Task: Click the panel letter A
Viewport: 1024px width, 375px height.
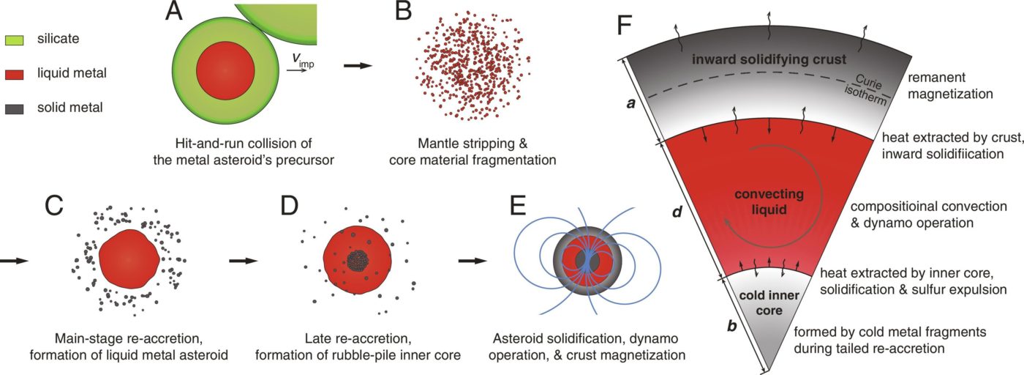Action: (174, 12)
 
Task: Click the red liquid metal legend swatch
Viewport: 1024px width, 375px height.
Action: (16, 73)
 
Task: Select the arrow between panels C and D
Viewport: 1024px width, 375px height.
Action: (242, 260)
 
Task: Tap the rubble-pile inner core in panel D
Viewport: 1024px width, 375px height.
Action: (358, 259)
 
